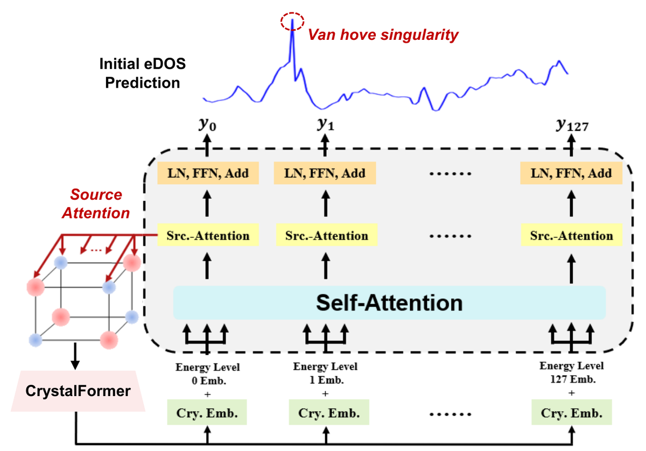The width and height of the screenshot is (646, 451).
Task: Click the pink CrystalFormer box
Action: click(78, 391)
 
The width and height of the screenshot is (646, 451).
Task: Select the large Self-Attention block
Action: click(389, 302)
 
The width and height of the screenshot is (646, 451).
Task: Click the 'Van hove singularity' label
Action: click(383, 35)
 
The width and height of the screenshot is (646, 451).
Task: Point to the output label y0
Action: click(207, 124)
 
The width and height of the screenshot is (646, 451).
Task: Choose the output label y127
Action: click(572, 125)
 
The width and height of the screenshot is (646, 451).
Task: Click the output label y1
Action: click(326, 124)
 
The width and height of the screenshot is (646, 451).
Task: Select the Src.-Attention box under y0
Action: click(208, 236)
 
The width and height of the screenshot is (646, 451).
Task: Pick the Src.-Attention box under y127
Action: click(572, 236)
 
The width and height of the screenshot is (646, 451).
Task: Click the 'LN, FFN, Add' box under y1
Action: click(325, 173)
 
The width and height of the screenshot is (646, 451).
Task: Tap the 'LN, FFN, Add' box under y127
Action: click(571, 173)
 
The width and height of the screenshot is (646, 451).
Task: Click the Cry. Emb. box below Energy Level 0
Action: click(207, 412)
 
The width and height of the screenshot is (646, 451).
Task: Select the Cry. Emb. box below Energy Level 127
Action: click(572, 412)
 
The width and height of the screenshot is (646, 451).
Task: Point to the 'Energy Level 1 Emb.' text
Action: click(325, 373)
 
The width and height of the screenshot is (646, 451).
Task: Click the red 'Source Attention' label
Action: click(96, 203)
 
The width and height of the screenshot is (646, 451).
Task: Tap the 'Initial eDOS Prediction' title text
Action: click(143, 73)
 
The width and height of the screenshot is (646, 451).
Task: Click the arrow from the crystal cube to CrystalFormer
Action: click(75, 356)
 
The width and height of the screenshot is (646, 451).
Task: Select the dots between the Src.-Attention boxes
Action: click(450, 236)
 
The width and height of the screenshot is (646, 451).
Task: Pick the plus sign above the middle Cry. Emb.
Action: click(325, 393)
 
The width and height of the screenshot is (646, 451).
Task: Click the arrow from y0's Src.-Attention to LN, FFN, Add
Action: click(207, 203)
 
